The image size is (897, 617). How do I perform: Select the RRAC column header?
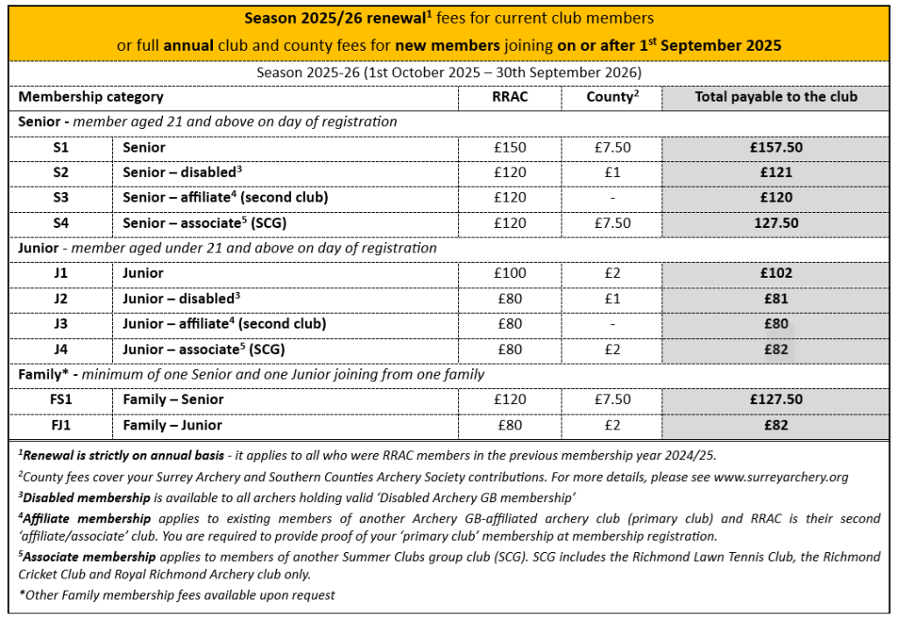tap(510, 97)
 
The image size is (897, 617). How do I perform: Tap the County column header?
tap(611, 97)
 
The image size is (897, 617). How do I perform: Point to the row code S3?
tap(60, 198)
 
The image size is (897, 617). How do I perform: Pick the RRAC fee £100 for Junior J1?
tap(510, 273)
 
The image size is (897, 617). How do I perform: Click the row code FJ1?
tap(60, 425)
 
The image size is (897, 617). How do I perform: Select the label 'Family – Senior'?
tap(173, 400)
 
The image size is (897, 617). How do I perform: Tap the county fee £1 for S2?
tap(612, 173)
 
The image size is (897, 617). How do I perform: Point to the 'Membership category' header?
tap(91, 97)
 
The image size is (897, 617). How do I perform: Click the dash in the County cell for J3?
tap(612, 324)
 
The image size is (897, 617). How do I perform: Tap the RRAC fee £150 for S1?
tap(510, 147)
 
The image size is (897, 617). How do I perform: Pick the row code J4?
tap(60, 350)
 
